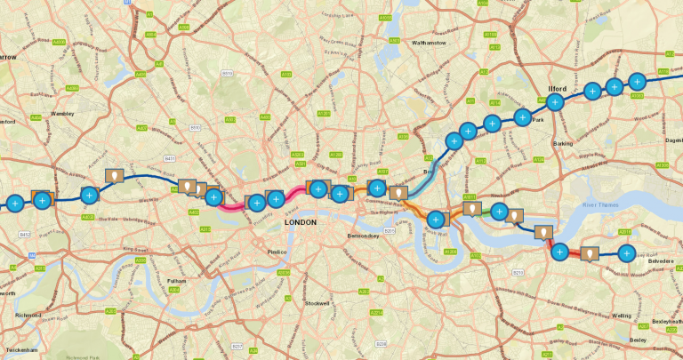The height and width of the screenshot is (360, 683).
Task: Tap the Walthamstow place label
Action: pyautogui.click(x=434, y=42)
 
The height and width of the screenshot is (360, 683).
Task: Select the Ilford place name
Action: pyautogui.click(x=557, y=89)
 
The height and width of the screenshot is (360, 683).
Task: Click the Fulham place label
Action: pyautogui.click(x=176, y=281)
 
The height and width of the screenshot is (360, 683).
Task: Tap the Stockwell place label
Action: pyautogui.click(x=317, y=303)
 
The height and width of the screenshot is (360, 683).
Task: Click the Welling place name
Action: pyautogui.click(x=622, y=316)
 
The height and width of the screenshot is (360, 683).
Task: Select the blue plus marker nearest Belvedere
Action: pyautogui.click(x=626, y=254)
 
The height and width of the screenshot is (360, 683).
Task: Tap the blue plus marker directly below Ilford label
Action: pyautogui.click(x=555, y=102)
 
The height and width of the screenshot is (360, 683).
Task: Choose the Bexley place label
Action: pyautogui.click(x=638, y=340)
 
